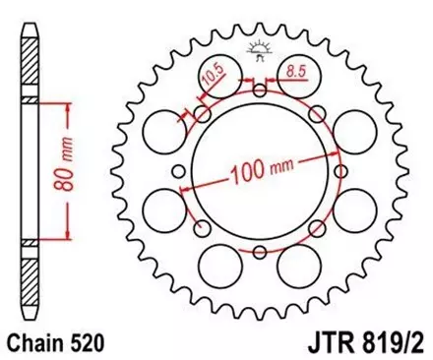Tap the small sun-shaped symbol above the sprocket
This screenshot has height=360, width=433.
pyautogui.click(x=260, y=48)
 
